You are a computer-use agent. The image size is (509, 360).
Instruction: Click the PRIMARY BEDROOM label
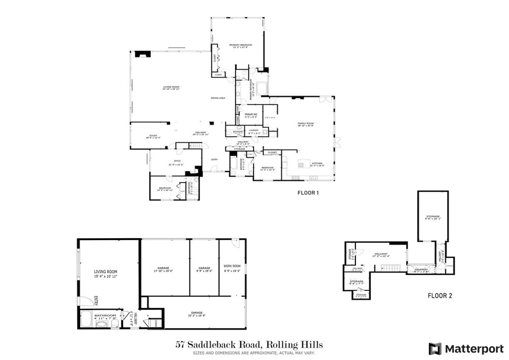[x=241, y=45]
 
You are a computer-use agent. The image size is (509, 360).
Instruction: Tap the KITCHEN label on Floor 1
[x=318, y=164]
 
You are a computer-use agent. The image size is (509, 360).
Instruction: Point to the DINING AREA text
[x=218, y=98]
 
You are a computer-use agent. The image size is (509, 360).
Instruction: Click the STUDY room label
[x=154, y=136]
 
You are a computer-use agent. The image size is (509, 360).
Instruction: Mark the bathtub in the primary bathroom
[x=261, y=88]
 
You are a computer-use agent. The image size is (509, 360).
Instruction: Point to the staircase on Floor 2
[x=391, y=268]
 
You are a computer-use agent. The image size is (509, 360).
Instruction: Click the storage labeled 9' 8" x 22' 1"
[x=432, y=217]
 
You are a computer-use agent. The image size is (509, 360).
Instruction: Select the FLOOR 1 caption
[x=308, y=193]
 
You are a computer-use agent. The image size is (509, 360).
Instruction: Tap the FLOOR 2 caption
[x=440, y=296]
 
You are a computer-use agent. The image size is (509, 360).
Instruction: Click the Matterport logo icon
[x=435, y=348]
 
